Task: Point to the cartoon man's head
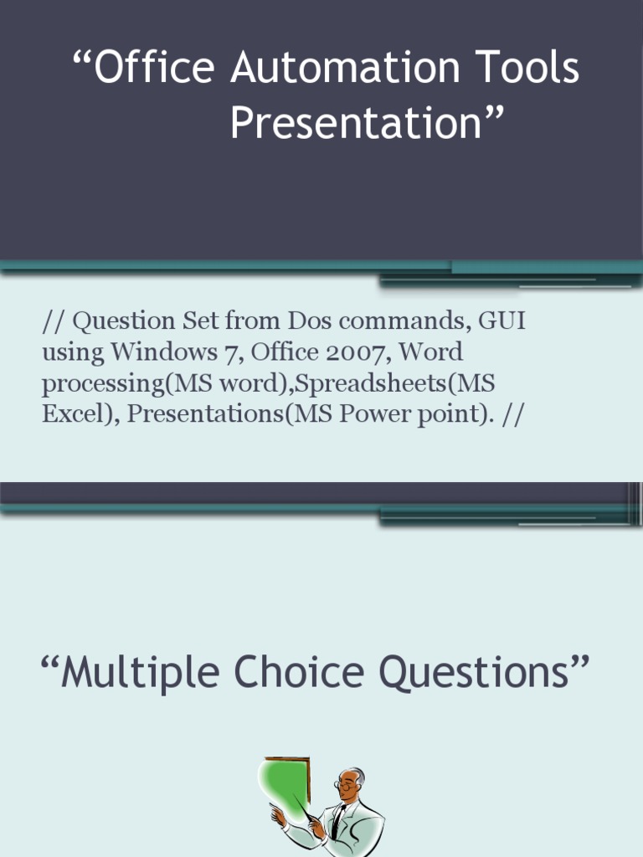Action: (x=352, y=784)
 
